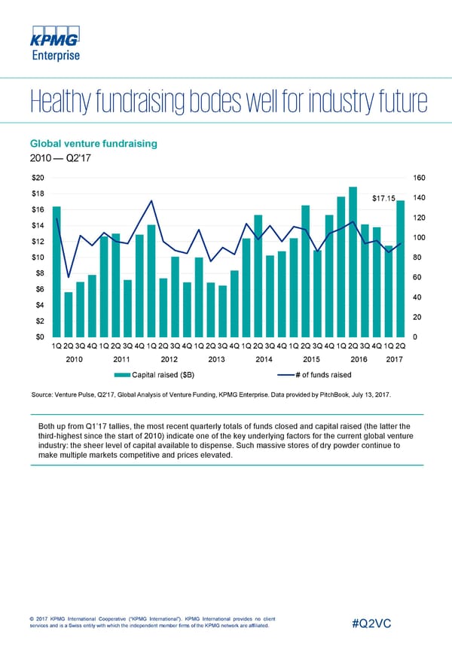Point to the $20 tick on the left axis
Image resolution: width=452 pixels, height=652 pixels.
tap(38, 178)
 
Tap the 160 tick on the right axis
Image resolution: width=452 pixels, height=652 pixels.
tap(421, 178)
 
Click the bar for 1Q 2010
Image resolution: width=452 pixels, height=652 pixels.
tap(56, 270)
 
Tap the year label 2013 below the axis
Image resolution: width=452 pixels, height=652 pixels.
tap(217, 360)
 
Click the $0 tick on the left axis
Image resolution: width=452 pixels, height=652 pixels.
tap(38, 337)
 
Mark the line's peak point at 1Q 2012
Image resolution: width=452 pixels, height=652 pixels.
tap(151, 201)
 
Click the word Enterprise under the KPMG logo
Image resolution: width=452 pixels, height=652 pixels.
tap(54, 54)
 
